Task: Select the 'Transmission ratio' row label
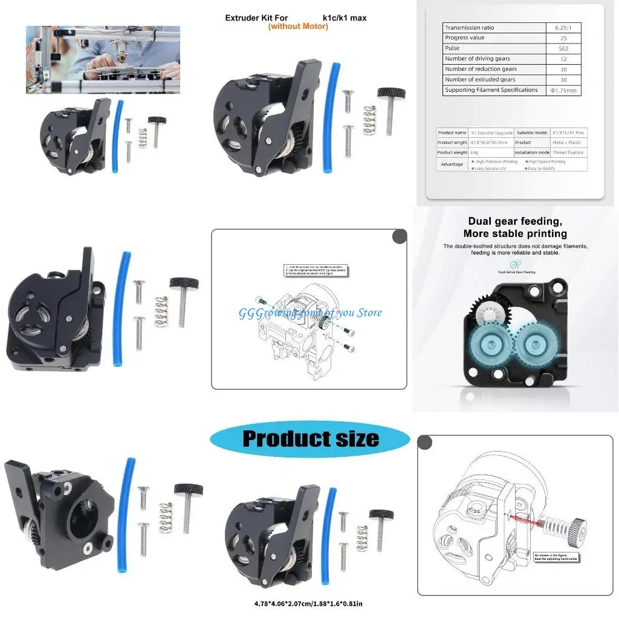point(470,28)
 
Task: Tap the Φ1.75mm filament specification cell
point(563,91)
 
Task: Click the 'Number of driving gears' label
point(478,59)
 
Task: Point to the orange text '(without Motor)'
point(298,27)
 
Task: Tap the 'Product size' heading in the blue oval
point(310,438)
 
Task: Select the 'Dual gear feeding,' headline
point(515,221)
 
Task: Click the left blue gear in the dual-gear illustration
point(487,346)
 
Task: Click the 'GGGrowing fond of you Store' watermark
point(310,313)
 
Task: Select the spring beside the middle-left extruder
point(160,311)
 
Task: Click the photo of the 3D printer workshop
point(103,59)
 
